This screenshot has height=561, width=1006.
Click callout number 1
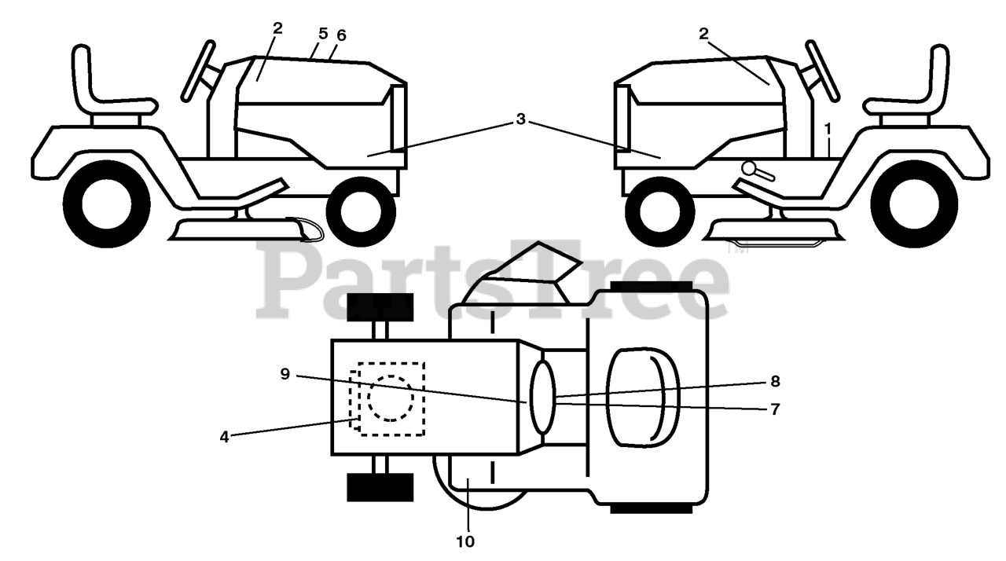(827, 127)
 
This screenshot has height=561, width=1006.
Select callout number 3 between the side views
(520, 119)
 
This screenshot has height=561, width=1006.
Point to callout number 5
(323, 34)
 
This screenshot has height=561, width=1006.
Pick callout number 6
(340, 35)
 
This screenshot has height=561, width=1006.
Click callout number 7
(775, 409)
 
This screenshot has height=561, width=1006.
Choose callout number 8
(775, 382)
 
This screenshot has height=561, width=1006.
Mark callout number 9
(285, 374)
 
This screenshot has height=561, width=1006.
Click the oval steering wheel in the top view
(543, 397)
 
